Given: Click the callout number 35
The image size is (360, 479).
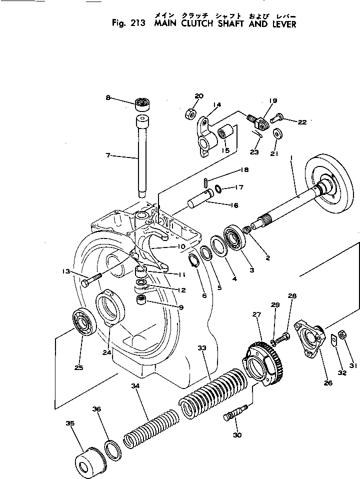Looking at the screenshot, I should [70, 423].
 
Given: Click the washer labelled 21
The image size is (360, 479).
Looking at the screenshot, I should [277, 133].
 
